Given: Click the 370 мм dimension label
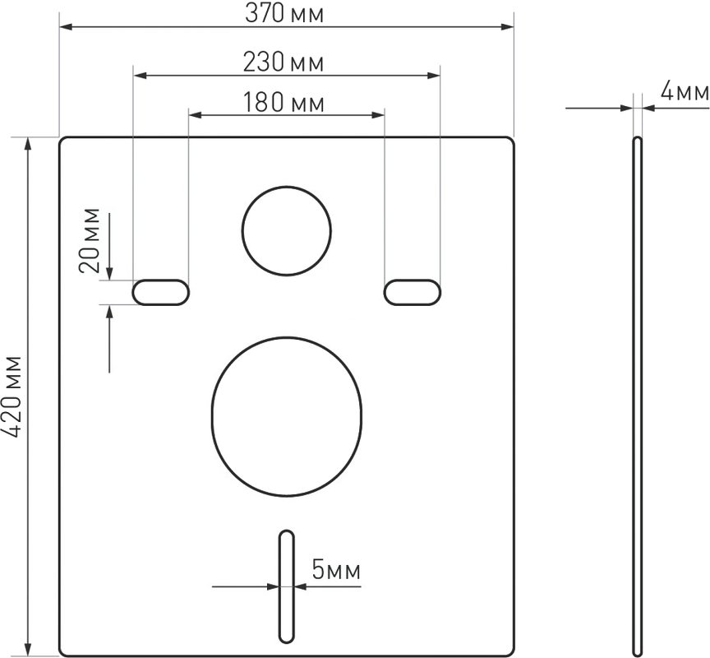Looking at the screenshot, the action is [x=284, y=13].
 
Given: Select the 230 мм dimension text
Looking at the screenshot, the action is [x=284, y=62].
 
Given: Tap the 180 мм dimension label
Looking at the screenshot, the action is [x=284, y=103].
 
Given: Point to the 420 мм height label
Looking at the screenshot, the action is [x=12, y=397].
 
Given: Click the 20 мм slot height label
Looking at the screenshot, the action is [x=90, y=239].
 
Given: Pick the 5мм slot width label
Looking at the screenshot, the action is [x=336, y=570].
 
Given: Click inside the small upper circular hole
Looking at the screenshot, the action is [x=287, y=230].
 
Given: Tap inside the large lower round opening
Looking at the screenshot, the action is [x=287, y=417].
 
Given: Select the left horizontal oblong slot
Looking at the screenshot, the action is [x=161, y=292].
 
